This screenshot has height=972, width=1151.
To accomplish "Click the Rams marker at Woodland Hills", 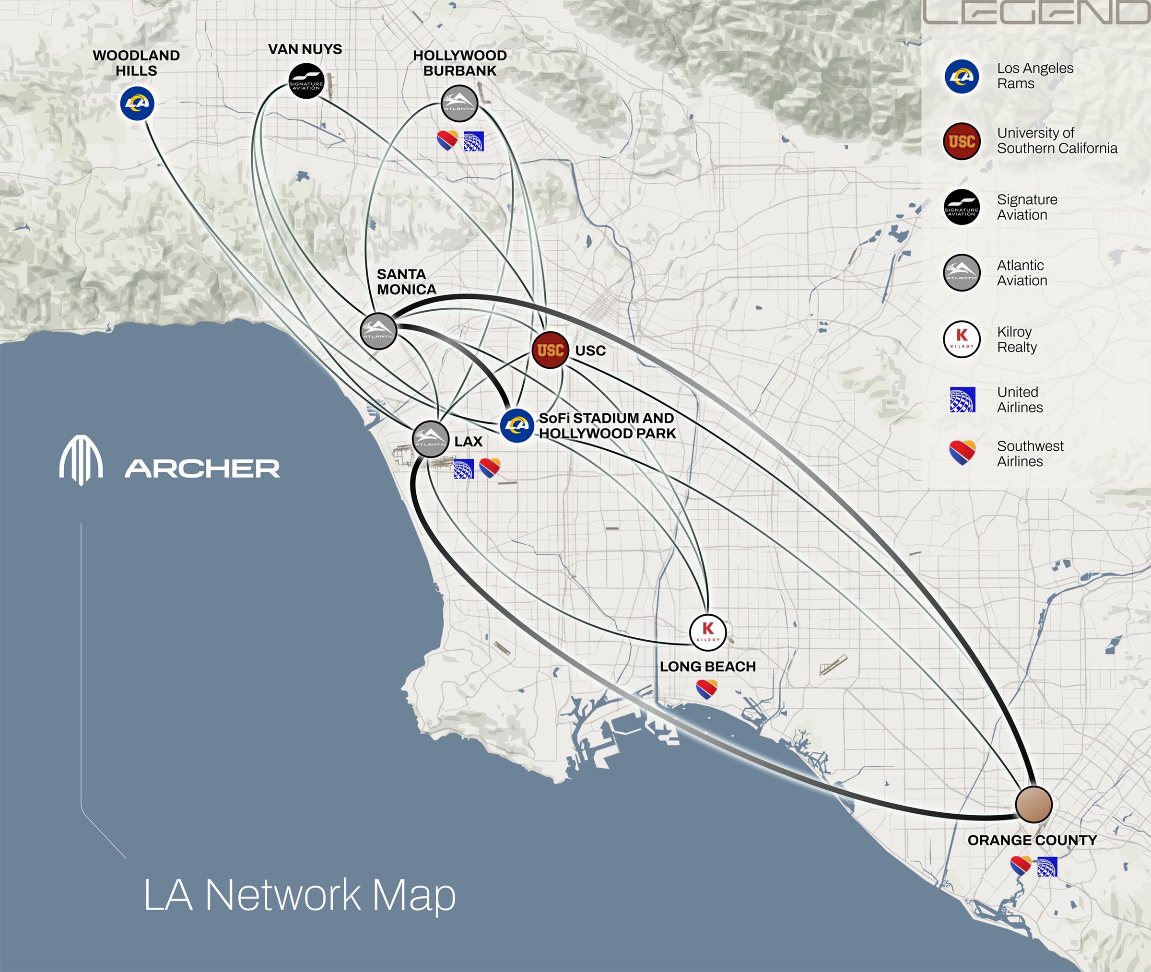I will click(137, 103).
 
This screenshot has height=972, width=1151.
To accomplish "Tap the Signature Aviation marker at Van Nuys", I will click(306, 82).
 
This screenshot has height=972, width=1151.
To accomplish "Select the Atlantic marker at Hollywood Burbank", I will click(459, 103).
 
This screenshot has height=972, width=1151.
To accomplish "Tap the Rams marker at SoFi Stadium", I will click(517, 425).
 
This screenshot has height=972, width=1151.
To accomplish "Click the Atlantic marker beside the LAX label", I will click(430, 439).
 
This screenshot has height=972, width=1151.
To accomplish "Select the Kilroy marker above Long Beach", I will click(708, 632).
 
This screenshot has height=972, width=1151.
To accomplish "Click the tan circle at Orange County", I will click(1034, 805).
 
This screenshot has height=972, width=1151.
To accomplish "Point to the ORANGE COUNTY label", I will click(1032, 840).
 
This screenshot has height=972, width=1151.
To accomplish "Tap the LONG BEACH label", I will click(707, 667).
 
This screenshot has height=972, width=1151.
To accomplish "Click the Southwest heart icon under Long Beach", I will click(707, 689).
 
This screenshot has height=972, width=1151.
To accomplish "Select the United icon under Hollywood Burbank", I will click(473, 141).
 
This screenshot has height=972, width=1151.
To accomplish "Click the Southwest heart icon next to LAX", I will click(489, 467).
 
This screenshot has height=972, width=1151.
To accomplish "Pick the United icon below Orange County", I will click(1047, 867).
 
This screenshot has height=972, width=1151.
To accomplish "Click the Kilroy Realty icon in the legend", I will click(962, 340).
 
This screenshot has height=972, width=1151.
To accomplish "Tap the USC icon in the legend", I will click(962, 141).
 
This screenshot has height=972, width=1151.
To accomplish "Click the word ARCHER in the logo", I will click(202, 469).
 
